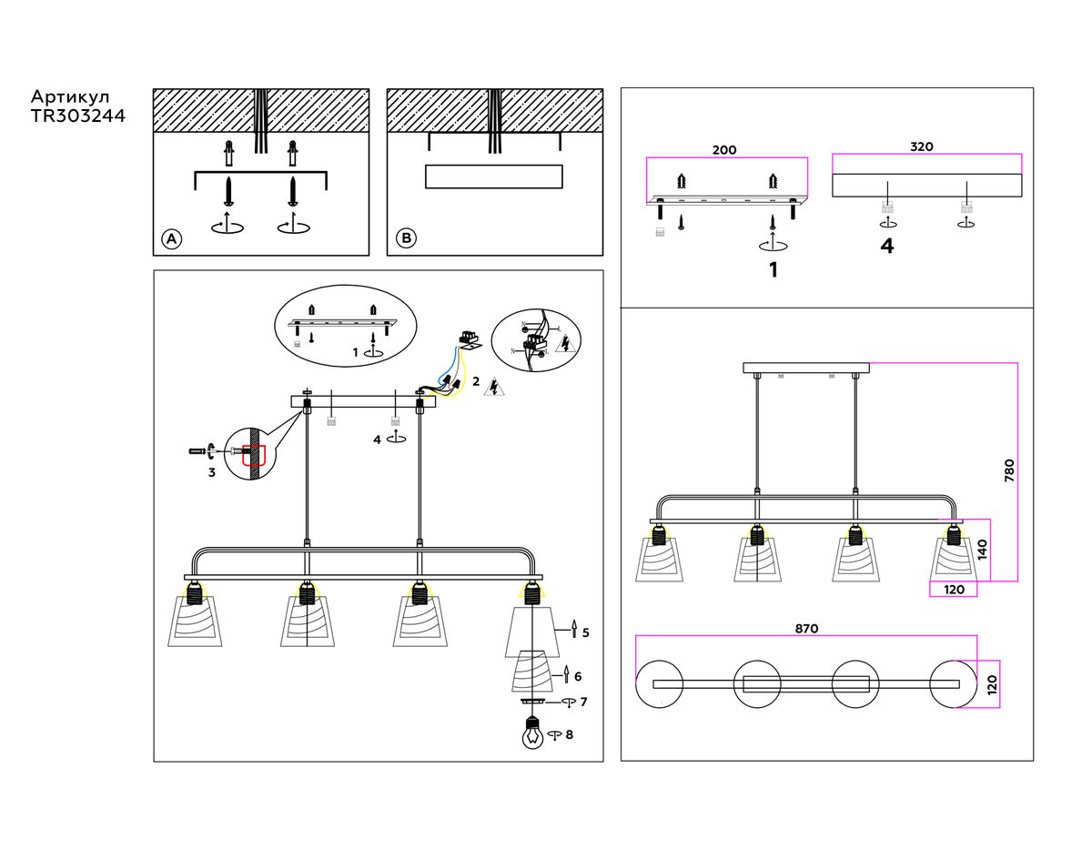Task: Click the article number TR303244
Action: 78,116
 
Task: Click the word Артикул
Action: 71,96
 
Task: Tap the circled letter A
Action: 171,239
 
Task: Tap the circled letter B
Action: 406,239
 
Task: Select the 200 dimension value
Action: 724,150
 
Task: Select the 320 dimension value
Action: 922,147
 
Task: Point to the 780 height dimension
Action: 1008,470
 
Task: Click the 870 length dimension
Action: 806,628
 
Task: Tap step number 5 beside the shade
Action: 585,632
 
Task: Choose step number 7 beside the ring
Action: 583,702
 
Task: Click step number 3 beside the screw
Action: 211,472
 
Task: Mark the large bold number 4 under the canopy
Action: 886,247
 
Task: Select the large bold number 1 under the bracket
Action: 773,270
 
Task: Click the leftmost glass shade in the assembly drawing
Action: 195,622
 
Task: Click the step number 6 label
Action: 578,676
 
